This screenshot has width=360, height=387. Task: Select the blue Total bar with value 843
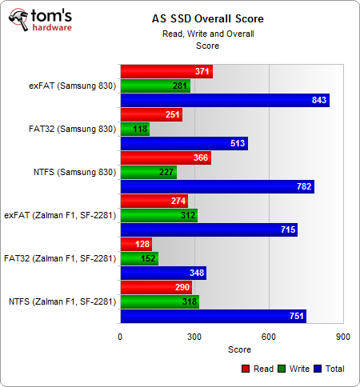225,100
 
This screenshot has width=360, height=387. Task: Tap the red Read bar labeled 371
166,71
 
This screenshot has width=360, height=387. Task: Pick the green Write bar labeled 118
134,129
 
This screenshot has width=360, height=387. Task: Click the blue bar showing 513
184,143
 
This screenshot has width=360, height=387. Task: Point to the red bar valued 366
166,158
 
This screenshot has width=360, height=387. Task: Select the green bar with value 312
158,215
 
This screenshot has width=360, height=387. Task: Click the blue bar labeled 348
163,273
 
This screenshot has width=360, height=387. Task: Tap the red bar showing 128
136,244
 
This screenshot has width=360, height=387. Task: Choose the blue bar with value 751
214,316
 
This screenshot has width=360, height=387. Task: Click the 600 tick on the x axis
268,337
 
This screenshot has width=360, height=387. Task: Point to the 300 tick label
194,337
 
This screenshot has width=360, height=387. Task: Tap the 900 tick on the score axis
342,337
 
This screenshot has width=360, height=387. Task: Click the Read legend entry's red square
245,369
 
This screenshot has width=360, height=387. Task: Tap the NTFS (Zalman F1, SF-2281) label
61,301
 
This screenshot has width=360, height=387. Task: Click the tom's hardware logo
42,22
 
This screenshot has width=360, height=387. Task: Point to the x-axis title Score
238,349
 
